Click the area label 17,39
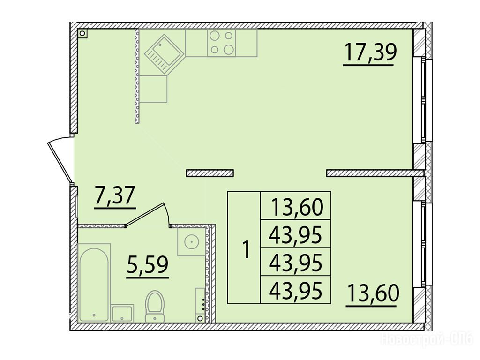[x=370, y=52]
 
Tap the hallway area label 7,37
[x=115, y=195]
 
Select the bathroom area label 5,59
[x=148, y=265]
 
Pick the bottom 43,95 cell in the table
[x=296, y=290]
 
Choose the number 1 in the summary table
[x=246, y=249]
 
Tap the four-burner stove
[x=222, y=43]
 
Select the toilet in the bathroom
[x=155, y=306]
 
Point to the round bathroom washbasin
[x=192, y=242]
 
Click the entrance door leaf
[x=60, y=162]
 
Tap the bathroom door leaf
[x=145, y=214]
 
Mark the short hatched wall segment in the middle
[x=210, y=173]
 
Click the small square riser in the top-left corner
[x=82, y=33]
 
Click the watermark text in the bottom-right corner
[x=427, y=339]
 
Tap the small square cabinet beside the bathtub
[x=122, y=314]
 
